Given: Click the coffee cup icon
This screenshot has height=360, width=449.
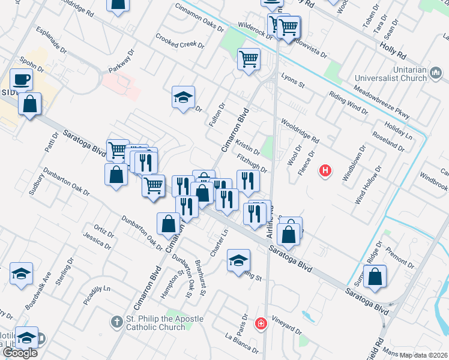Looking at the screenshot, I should click(x=22, y=80).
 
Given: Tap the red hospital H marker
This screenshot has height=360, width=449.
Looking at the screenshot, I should click(x=326, y=171).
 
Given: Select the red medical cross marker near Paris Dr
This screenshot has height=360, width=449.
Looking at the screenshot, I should click(x=261, y=325).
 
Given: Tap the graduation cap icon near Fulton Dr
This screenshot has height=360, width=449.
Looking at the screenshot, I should click(x=184, y=97).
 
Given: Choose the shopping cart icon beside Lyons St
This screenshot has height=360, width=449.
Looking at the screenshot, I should click(x=249, y=59).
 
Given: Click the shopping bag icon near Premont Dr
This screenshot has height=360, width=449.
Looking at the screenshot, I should click(x=375, y=277).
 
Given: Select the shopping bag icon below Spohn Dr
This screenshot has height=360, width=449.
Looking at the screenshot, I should click(x=29, y=104).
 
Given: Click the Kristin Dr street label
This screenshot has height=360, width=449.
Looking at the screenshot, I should click(x=248, y=148).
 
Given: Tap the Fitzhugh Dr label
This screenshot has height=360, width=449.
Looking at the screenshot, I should click(x=252, y=163).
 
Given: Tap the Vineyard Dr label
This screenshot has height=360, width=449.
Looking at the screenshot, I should click(x=286, y=325).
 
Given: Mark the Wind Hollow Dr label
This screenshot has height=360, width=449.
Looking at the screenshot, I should click(x=368, y=185).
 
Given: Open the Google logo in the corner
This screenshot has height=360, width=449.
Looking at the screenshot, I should click(x=20, y=352).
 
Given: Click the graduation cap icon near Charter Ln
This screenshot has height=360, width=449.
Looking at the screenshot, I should click(x=238, y=260).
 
